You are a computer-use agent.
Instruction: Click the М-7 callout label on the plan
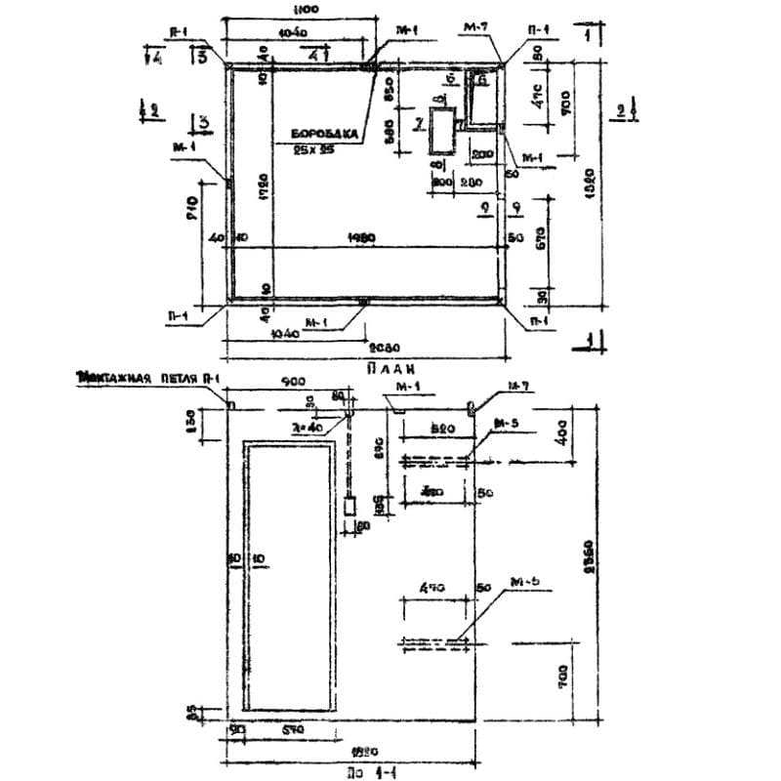476,28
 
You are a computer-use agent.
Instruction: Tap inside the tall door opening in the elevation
292,576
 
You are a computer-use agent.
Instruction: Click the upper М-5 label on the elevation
507,424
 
